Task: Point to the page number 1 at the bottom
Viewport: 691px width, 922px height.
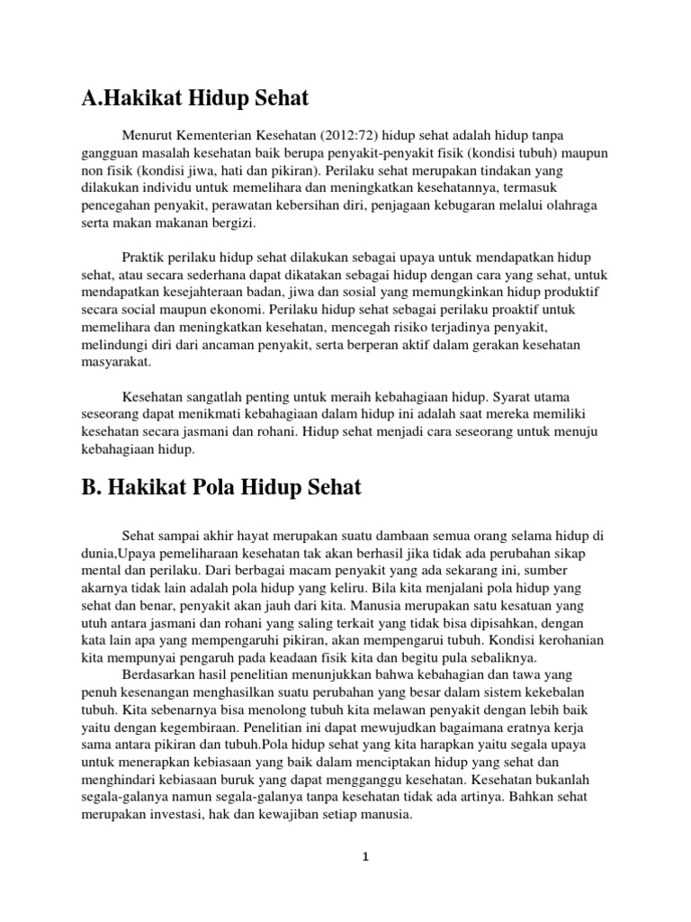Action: (365, 857)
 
